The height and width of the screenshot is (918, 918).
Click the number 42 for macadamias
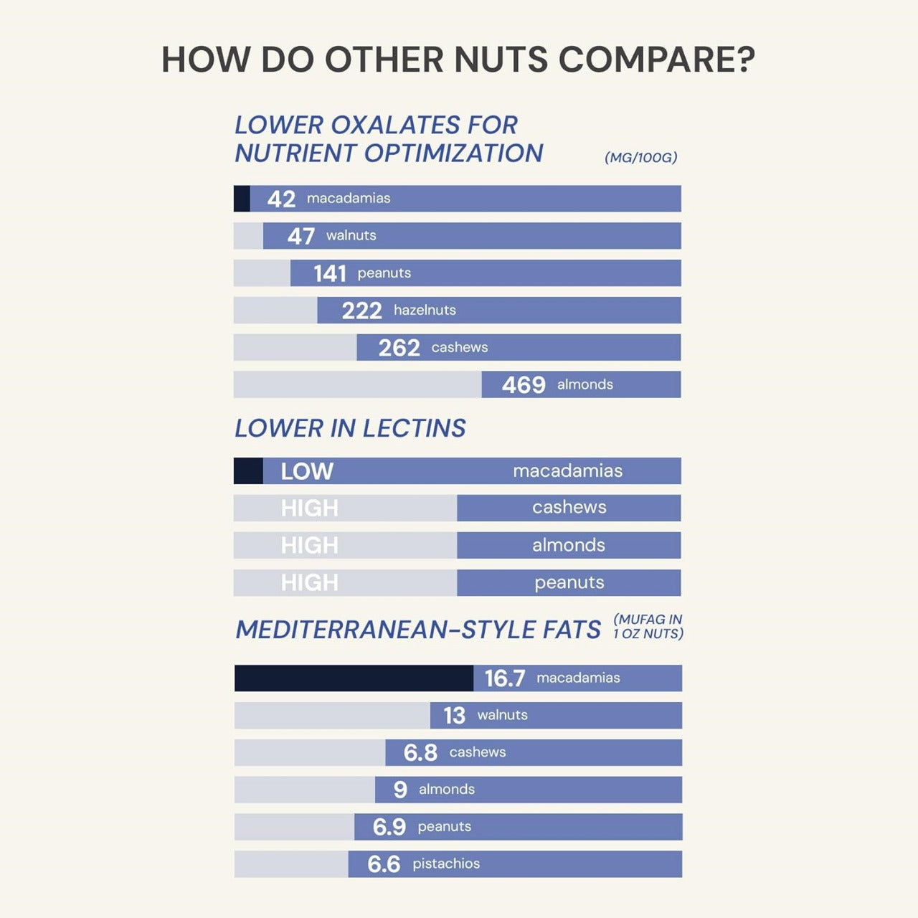point(281,199)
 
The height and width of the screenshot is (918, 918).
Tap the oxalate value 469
point(524,385)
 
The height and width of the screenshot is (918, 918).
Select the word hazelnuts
point(425,311)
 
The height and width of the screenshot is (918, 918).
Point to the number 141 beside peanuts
point(330,273)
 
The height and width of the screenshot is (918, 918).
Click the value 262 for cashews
point(399,348)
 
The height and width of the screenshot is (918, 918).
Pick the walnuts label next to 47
point(351,236)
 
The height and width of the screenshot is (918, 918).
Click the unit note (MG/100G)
point(640,158)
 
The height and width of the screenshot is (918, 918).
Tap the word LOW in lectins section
point(307,471)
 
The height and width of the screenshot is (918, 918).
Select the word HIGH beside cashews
point(309,508)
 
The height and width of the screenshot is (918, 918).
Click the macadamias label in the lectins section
point(567,471)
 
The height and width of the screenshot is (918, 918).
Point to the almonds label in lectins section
point(568,546)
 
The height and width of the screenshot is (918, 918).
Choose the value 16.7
point(505,678)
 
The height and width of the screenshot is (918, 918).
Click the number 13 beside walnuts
point(454,716)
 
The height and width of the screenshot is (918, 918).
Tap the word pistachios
point(446,864)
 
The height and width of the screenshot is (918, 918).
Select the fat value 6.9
point(389,827)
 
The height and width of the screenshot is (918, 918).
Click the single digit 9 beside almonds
point(400,790)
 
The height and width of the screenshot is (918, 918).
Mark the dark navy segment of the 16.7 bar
point(354,678)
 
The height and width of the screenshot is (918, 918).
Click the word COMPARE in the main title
point(656,59)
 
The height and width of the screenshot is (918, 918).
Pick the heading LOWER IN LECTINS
point(350,428)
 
